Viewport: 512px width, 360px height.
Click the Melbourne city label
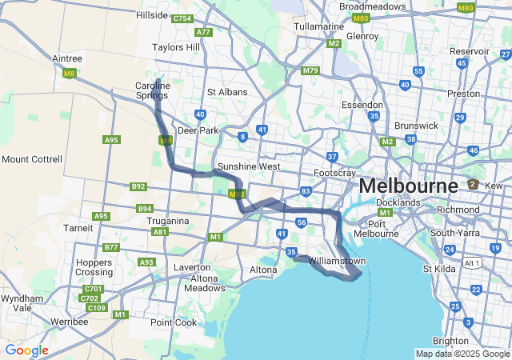pos(408,186)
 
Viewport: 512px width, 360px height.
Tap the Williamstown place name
pos(337,262)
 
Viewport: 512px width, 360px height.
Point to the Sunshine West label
pos(249,167)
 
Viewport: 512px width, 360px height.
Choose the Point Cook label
pos(174,322)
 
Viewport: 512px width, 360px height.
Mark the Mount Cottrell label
pos(31,159)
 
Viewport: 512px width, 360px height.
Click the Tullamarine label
pos(318,26)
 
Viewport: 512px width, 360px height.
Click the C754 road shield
pos(182,18)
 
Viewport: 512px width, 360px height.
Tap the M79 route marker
pos(310,71)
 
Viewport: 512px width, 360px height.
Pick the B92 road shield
pos(138,186)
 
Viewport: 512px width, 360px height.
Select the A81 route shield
pos(160,232)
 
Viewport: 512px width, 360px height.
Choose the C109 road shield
pos(97,308)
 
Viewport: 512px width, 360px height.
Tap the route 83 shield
pos(306,191)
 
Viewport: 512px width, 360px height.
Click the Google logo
pos(26,350)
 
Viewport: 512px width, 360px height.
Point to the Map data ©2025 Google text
pos(462,354)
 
